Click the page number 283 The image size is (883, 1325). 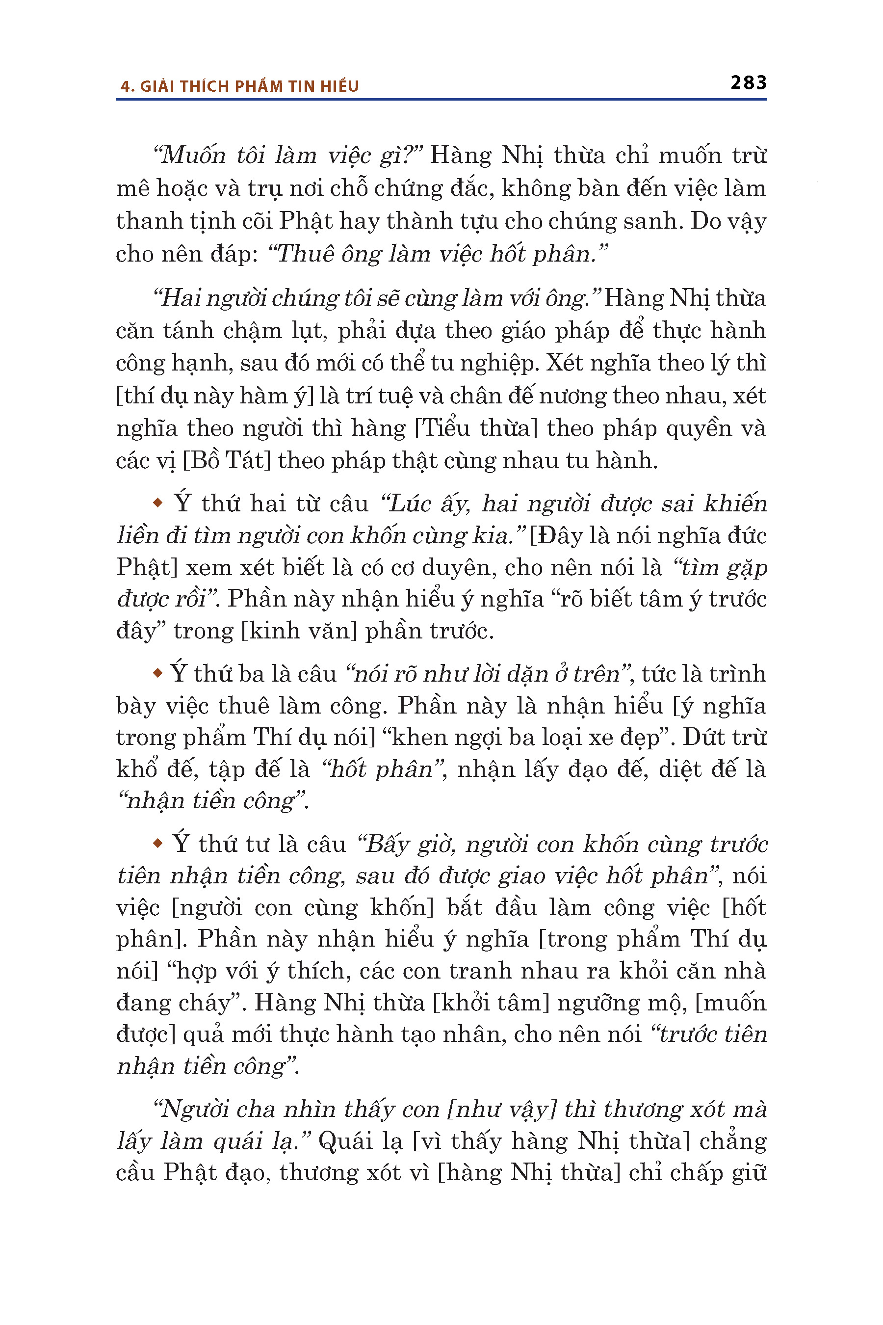749,83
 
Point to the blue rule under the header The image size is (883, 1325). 441,100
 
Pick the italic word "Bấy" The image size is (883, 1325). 389,845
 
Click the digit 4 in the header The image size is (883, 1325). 125,86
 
